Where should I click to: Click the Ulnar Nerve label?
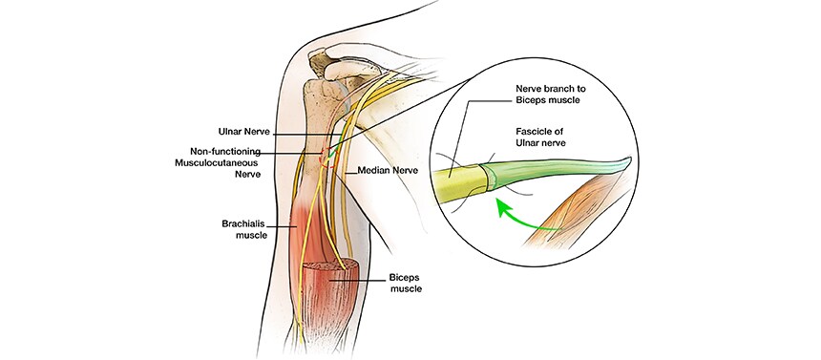point(245,130)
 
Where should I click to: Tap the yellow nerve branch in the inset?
point(459,181)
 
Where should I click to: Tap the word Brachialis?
point(238,223)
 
